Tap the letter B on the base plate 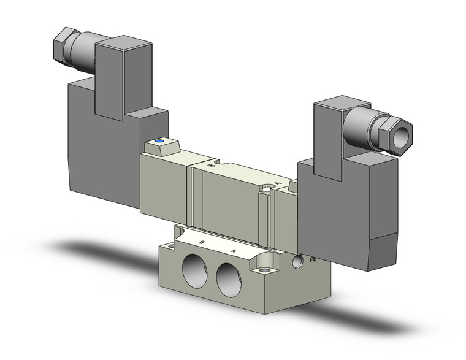(x=202, y=243)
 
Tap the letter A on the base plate (x=233, y=251)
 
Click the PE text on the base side (x=313, y=260)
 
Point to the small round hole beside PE (x=299, y=262)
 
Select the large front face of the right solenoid (x=331, y=215)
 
